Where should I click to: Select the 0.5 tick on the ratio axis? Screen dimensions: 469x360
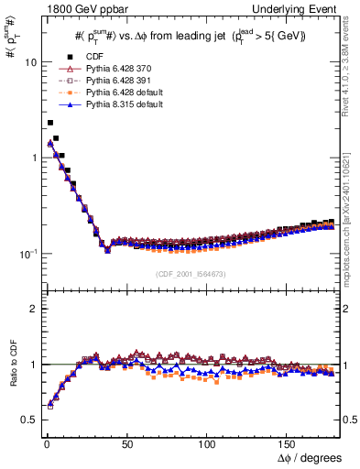[27, 420]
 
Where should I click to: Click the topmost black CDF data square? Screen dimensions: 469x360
[50, 122]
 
